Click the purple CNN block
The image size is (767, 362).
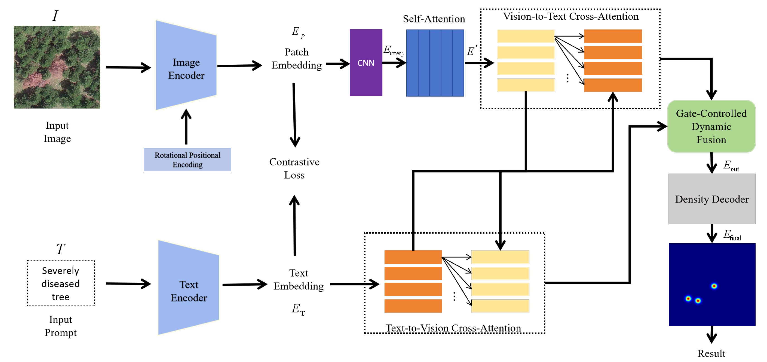point(366,63)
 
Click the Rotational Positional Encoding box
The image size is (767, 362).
point(187,160)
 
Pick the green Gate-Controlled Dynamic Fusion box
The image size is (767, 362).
point(711,126)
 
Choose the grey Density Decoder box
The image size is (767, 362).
point(712,199)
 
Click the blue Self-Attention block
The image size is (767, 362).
point(435,63)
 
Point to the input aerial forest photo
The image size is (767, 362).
point(57,67)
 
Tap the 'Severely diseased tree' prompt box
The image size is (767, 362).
point(61,283)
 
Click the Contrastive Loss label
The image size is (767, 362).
point(294,168)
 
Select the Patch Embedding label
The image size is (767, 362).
point(297,59)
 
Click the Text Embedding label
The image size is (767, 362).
point(298,279)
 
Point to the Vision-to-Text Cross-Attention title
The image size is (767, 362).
point(571,16)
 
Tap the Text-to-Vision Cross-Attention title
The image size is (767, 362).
point(453,328)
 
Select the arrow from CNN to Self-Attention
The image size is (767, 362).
point(394,63)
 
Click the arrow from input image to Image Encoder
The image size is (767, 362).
point(128,67)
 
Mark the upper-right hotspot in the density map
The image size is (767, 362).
point(714,286)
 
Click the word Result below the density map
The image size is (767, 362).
point(711,353)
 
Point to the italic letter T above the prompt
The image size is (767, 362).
point(60,249)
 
